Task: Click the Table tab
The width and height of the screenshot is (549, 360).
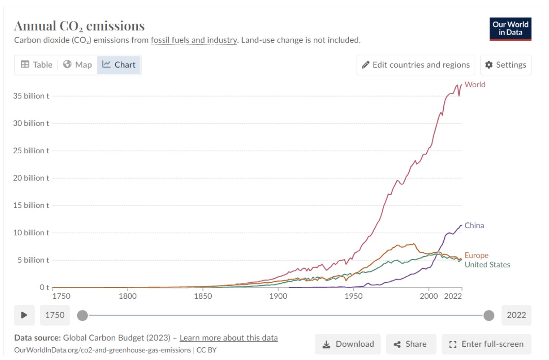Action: point(37,65)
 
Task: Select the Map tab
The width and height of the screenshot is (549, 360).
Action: point(77,65)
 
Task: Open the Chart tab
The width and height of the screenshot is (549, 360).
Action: point(119,65)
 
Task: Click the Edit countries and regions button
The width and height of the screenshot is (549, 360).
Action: point(416,65)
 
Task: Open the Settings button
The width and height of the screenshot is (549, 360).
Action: point(505,65)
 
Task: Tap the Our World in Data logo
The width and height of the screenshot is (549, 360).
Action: point(510,29)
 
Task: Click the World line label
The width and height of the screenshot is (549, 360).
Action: point(475,85)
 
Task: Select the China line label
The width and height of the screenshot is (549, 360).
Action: point(474,225)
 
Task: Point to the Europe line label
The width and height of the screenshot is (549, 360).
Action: point(476,255)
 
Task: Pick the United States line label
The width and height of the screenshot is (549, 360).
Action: point(487,265)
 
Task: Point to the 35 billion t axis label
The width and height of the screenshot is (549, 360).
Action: point(31,96)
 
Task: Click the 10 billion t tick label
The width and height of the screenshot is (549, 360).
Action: point(31,233)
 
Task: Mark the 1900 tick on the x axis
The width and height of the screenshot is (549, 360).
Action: point(278,296)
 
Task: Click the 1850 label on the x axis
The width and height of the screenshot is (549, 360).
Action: point(203,296)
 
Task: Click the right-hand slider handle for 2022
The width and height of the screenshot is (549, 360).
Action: point(489,315)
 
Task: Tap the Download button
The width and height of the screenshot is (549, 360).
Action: point(348,344)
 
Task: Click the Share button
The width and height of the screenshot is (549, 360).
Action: point(411,344)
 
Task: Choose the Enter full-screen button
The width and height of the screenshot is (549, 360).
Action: point(486,344)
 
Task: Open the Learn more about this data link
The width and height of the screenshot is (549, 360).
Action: point(229,338)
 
